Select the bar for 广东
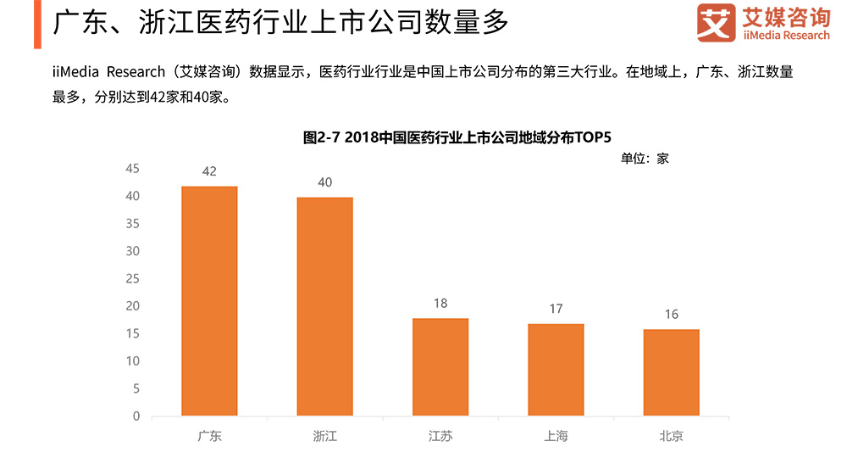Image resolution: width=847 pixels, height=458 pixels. [209, 301]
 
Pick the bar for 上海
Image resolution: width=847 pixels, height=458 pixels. [556, 370]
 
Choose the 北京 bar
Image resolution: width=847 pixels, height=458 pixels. [671, 372]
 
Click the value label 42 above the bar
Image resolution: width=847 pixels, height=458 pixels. [209, 171]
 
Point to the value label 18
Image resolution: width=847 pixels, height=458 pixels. [440, 303]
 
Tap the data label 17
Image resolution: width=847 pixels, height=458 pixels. [556, 309]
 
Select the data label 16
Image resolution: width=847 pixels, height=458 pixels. [671, 314]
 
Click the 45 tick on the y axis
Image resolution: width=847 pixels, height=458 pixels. [132, 168]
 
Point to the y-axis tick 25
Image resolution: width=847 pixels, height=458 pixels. [132, 278]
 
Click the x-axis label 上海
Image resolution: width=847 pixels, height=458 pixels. [556, 437]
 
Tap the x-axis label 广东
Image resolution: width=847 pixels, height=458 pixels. [209, 437]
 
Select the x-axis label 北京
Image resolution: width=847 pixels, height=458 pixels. [671, 437]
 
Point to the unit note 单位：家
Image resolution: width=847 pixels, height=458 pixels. [645, 158]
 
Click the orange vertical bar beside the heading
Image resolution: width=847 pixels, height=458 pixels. [37, 24]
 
